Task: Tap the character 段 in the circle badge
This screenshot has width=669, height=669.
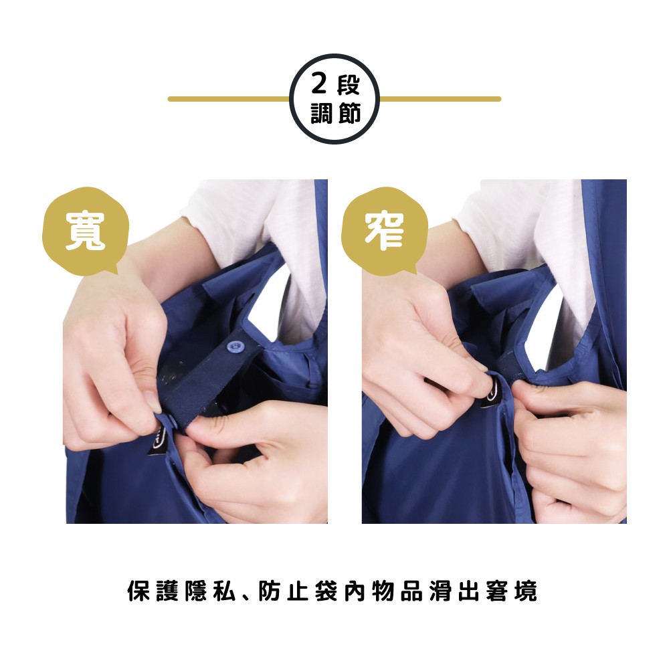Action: click(349, 84)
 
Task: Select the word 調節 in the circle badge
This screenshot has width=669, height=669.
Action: click(337, 114)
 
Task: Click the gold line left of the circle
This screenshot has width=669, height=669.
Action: click(229, 99)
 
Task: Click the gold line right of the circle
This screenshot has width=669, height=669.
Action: click(440, 99)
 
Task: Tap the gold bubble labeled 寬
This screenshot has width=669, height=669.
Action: click(86, 231)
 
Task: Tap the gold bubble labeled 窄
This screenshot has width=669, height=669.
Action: click(385, 231)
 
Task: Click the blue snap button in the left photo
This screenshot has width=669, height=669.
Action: click(233, 345)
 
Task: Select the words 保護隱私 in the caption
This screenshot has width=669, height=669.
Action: click(182, 591)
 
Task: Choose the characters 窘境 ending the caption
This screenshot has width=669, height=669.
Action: click(511, 591)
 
